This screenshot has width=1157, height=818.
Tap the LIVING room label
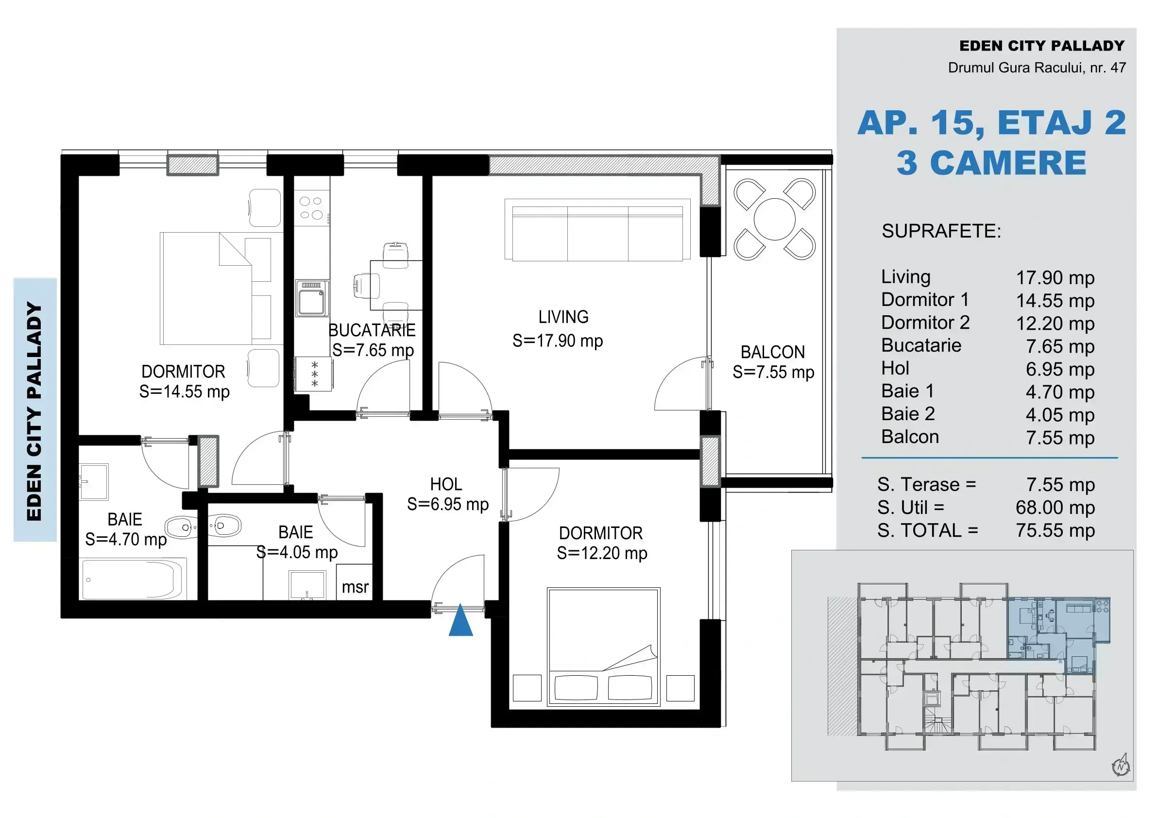tap(563, 317)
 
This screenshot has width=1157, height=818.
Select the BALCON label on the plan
tap(772, 352)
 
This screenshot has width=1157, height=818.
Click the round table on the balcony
tap(775, 219)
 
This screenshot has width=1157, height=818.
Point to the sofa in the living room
tap(597, 230)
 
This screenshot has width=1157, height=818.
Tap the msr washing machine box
tap(355, 582)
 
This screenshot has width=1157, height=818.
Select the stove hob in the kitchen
tap(311, 208)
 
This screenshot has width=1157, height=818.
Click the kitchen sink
tap(312, 298)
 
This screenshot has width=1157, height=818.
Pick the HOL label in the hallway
tap(446, 484)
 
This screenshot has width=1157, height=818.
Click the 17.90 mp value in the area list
tap(1055, 278)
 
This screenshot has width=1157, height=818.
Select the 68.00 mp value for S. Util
tap(1055, 508)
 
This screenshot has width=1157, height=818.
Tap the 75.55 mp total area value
tap(1055, 531)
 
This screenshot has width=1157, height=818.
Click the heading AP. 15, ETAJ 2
tap(991, 123)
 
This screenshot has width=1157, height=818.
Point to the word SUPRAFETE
tap(941, 231)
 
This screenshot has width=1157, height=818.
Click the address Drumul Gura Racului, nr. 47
tap(1037, 68)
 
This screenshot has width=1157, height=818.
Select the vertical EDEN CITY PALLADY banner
tap(35, 410)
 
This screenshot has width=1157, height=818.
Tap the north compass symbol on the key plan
tap(1121, 765)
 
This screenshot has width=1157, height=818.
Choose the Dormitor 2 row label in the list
tap(925, 323)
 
